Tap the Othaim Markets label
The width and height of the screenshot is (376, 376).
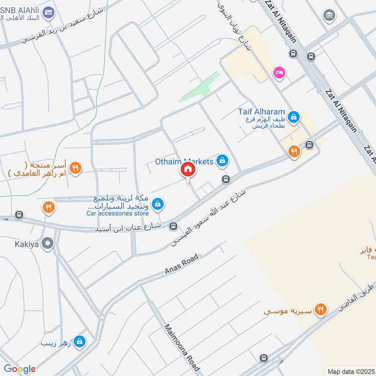184,161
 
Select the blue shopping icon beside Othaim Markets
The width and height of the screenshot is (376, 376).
222,162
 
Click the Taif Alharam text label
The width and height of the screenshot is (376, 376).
261,112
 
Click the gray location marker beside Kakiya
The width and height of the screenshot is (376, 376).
47,243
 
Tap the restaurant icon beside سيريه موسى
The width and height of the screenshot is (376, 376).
321,309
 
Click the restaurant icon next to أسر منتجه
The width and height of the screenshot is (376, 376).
75,167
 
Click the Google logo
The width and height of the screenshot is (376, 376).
20,368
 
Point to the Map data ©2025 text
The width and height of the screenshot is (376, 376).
351,371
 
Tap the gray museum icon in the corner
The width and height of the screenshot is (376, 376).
329,16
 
